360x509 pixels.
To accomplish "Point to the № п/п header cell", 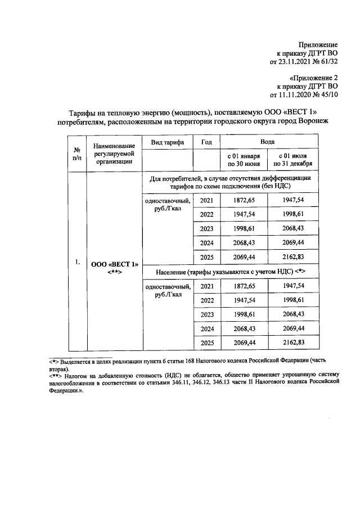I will (x=76, y=154).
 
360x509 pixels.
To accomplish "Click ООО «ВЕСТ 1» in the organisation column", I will (x=114, y=264).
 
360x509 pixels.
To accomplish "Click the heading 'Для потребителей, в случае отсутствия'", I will (x=229, y=178).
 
